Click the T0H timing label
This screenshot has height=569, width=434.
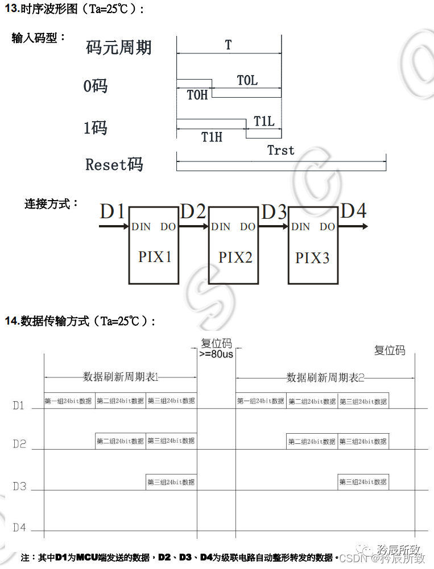click(197, 95)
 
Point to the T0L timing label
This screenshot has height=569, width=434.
click(247, 81)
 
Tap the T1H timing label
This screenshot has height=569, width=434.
click(212, 136)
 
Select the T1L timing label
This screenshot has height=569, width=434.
click(264, 121)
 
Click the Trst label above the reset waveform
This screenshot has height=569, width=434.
click(281, 150)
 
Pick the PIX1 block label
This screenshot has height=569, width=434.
click(155, 257)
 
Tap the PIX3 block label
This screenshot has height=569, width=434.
click(312, 257)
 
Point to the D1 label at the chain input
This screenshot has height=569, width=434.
click(112, 211)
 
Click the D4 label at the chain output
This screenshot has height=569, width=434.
click(353, 211)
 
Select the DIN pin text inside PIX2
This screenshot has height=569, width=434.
click(221, 227)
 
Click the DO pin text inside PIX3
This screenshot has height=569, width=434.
click(327, 227)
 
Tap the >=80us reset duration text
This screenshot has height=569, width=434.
click(216, 354)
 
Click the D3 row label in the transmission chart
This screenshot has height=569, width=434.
click(19, 487)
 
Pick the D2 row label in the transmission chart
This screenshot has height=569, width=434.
click(19, 443)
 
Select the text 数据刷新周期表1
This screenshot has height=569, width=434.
click(120, 377)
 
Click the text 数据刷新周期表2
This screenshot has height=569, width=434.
click(325, 377)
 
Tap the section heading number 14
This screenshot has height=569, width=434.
click(12, 321)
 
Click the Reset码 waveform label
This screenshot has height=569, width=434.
click(114, 165)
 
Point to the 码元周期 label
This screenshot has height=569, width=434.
click(119, 47)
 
